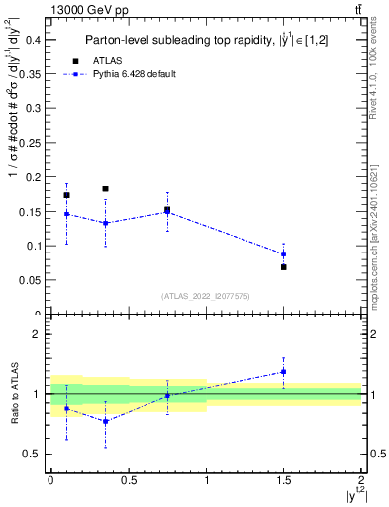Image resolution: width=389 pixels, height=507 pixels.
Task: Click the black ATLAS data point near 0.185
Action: [x=105, y=188]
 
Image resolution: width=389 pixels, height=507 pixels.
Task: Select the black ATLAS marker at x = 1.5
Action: [x=284, y=267]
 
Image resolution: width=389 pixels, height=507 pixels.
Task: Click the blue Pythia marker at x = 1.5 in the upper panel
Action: [x=284, y=254]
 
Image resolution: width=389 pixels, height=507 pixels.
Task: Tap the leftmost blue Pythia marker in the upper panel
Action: [x=66, y=214]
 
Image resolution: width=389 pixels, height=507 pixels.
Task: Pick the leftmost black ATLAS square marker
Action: [x=66, y=195]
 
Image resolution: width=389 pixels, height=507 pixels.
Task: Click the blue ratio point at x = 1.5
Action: [x=284, y=372]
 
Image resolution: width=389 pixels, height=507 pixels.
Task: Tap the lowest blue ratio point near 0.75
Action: [x=105, y=421]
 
